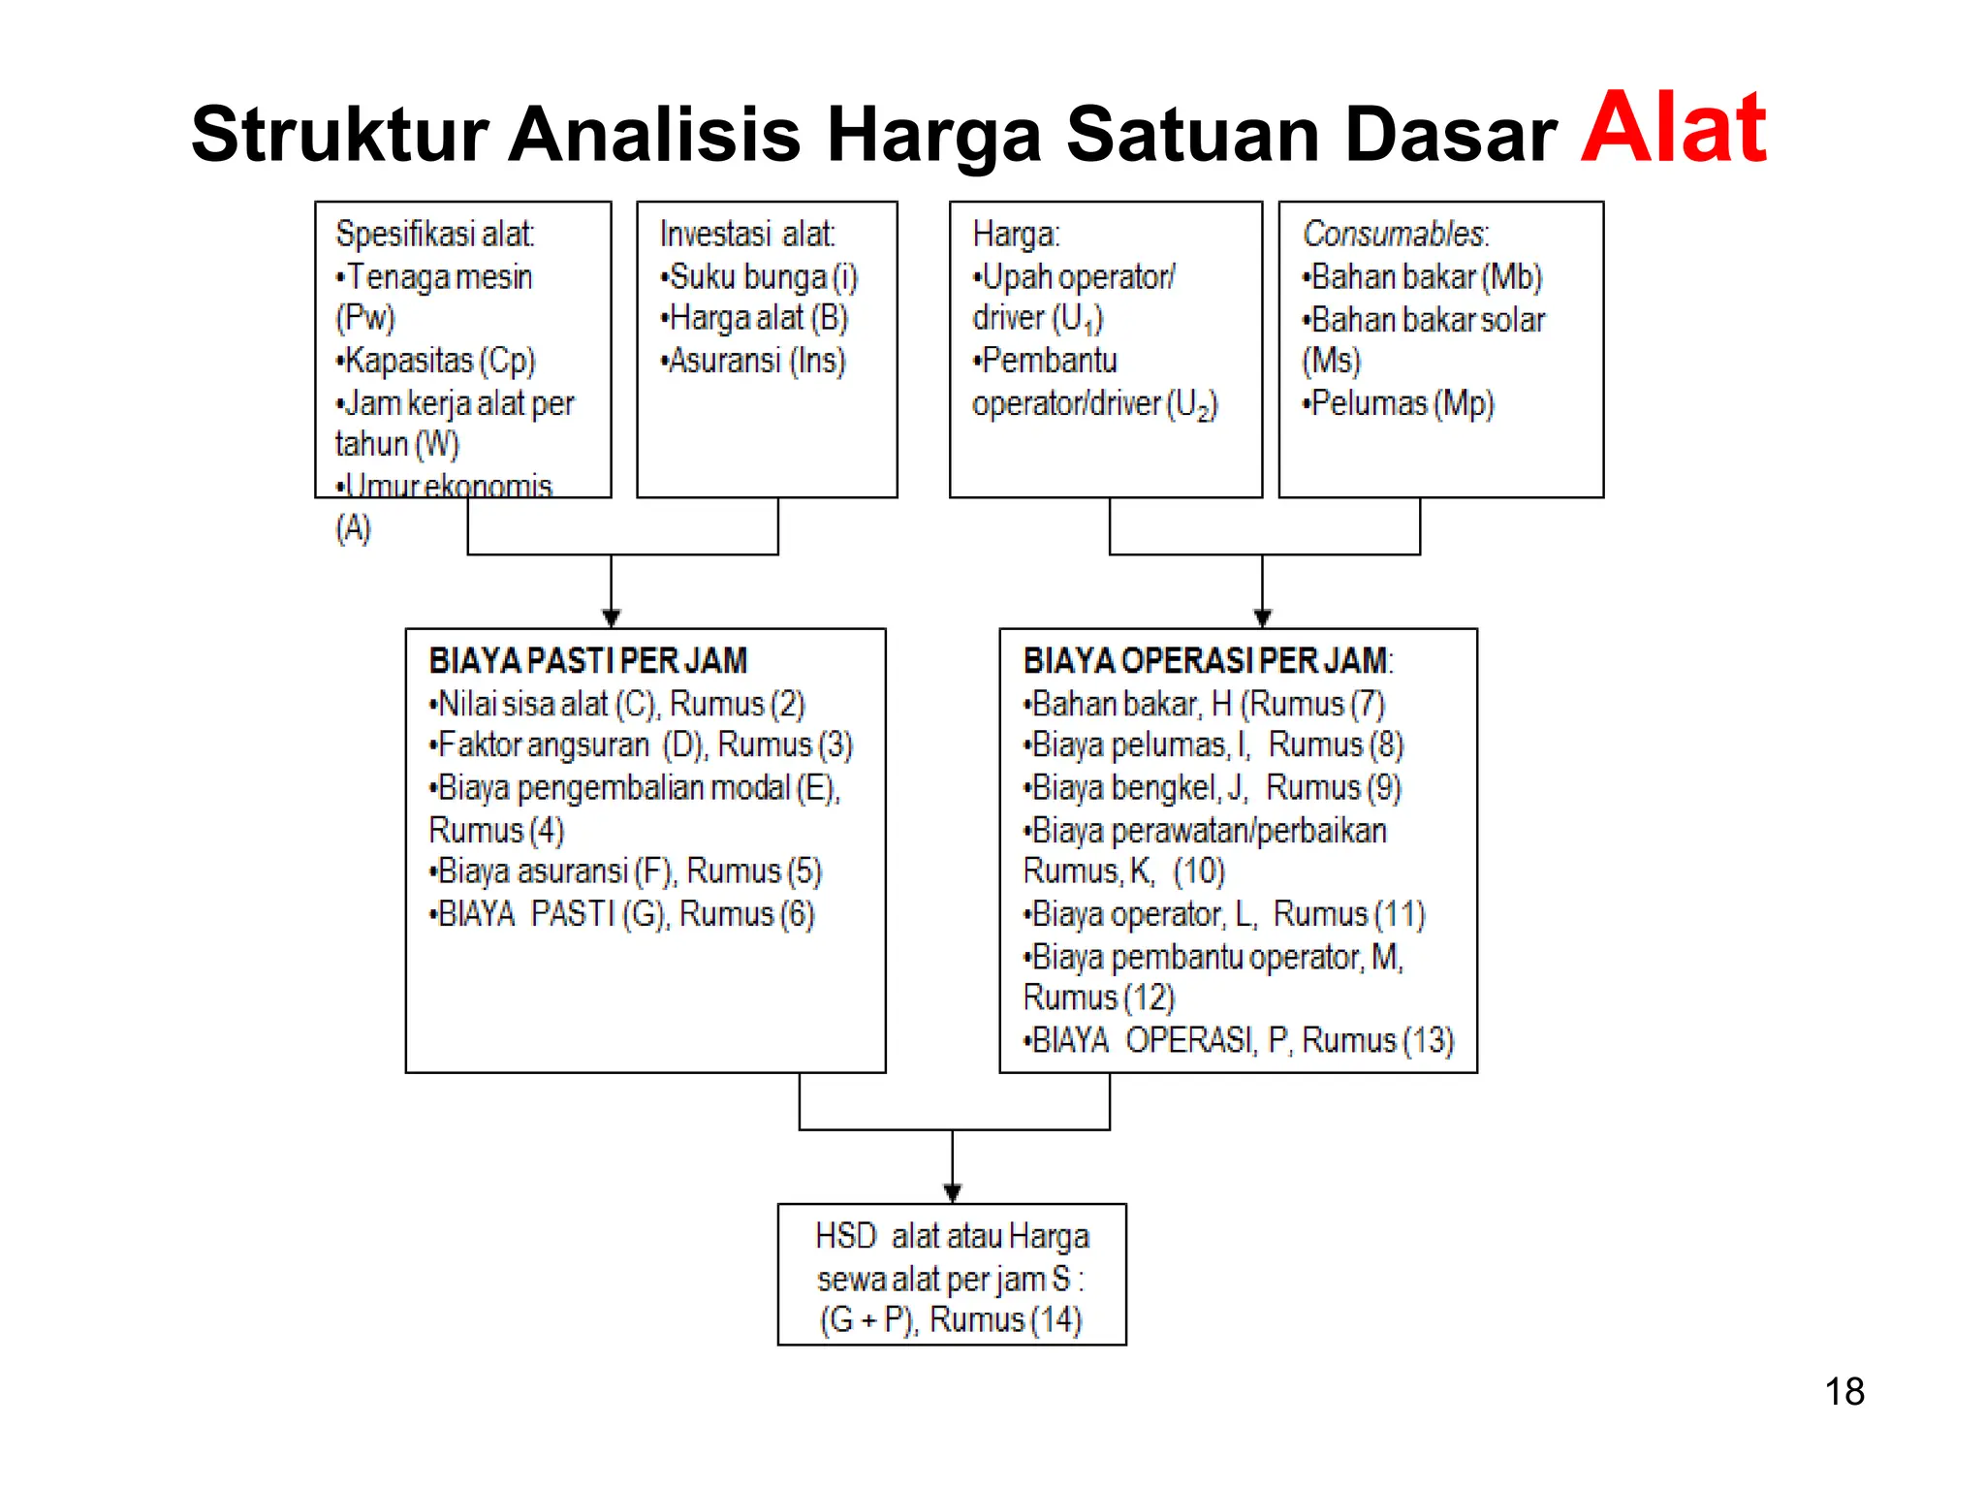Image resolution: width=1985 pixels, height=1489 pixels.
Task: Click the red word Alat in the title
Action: pos(1673,128)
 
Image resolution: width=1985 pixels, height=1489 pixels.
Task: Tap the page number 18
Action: pos(1843,1392)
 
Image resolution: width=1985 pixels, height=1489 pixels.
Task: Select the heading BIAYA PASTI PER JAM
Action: pos(587,661)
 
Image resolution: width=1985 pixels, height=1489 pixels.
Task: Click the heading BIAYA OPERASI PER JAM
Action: pos(1206,661)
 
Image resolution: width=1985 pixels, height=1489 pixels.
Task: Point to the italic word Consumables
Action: pos(1394,234)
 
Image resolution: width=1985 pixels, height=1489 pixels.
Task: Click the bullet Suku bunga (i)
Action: pos(759,277)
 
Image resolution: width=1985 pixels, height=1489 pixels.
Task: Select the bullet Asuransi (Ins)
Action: pos(753,361)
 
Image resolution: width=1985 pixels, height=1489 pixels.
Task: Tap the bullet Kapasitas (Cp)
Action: pos(435,361)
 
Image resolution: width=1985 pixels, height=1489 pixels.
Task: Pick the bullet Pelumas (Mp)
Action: pos(1399,403)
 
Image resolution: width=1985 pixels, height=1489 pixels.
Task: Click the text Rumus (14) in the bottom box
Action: pos(1005,1319)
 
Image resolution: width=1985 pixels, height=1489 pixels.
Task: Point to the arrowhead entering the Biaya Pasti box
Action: pos(611,618)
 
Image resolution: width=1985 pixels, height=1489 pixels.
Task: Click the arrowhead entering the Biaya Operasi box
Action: pos(1262,618)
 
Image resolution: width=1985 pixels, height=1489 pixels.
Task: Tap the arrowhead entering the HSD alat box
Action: pos(952,1193)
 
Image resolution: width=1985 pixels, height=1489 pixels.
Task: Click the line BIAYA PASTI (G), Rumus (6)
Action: pos(622,914)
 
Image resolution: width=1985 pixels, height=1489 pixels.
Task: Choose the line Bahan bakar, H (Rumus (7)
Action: pos(1205,704)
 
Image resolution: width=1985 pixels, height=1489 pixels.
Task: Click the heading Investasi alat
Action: pos(746,234)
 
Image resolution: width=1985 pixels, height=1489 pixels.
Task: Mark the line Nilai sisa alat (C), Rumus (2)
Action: pos(617,704)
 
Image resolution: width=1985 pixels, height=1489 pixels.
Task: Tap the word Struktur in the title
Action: pos(339,134)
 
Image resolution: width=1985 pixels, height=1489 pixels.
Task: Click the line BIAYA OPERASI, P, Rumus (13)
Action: pos(1239,1040)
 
